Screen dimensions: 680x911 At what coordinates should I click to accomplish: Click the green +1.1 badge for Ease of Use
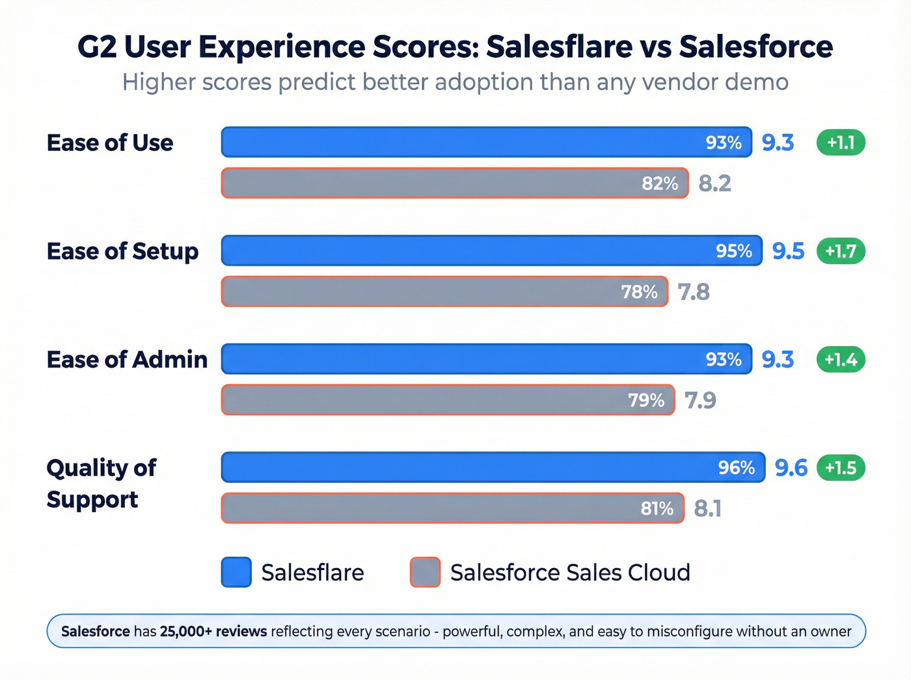(x=841, y=143)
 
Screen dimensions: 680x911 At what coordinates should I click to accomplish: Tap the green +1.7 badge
(x=841, y=251)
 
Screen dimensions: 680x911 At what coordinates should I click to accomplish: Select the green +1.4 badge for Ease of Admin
(x=841, y=359)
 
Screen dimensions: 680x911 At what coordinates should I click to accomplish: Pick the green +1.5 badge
(x=841, y=468)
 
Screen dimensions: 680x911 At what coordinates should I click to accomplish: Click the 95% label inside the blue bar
(x=733, y=251)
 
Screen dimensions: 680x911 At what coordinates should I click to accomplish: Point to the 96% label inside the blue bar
(x=736, y=468)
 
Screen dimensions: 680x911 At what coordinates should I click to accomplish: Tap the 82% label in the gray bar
(x=660, y=184)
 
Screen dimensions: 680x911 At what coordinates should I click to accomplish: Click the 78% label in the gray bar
(x=639, y=292)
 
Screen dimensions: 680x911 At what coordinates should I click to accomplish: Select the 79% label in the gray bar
(x=646, y=400)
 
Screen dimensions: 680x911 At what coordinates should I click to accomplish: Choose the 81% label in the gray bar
(x=657, y=508)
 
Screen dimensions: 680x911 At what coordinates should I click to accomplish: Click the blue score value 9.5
(x=788, y=251)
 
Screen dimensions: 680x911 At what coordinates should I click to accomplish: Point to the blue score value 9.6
(x=791, y=468)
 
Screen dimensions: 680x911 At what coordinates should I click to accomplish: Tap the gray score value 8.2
(x=714, y=184)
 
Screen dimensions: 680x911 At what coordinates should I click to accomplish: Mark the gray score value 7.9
(x=700, y=400)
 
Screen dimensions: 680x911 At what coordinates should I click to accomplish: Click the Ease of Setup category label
(x=122, y=251)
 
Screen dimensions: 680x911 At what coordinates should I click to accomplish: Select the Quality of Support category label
(x=101, y=483)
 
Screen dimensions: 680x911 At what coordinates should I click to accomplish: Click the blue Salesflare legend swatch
(x=236, y=573)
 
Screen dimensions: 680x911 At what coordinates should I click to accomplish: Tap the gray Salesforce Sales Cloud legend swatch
(x=425, y=573)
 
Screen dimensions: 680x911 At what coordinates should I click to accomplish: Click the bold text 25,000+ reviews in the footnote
(x=213, y=631)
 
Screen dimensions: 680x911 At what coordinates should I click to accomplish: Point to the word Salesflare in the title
(x=559, y=47)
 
